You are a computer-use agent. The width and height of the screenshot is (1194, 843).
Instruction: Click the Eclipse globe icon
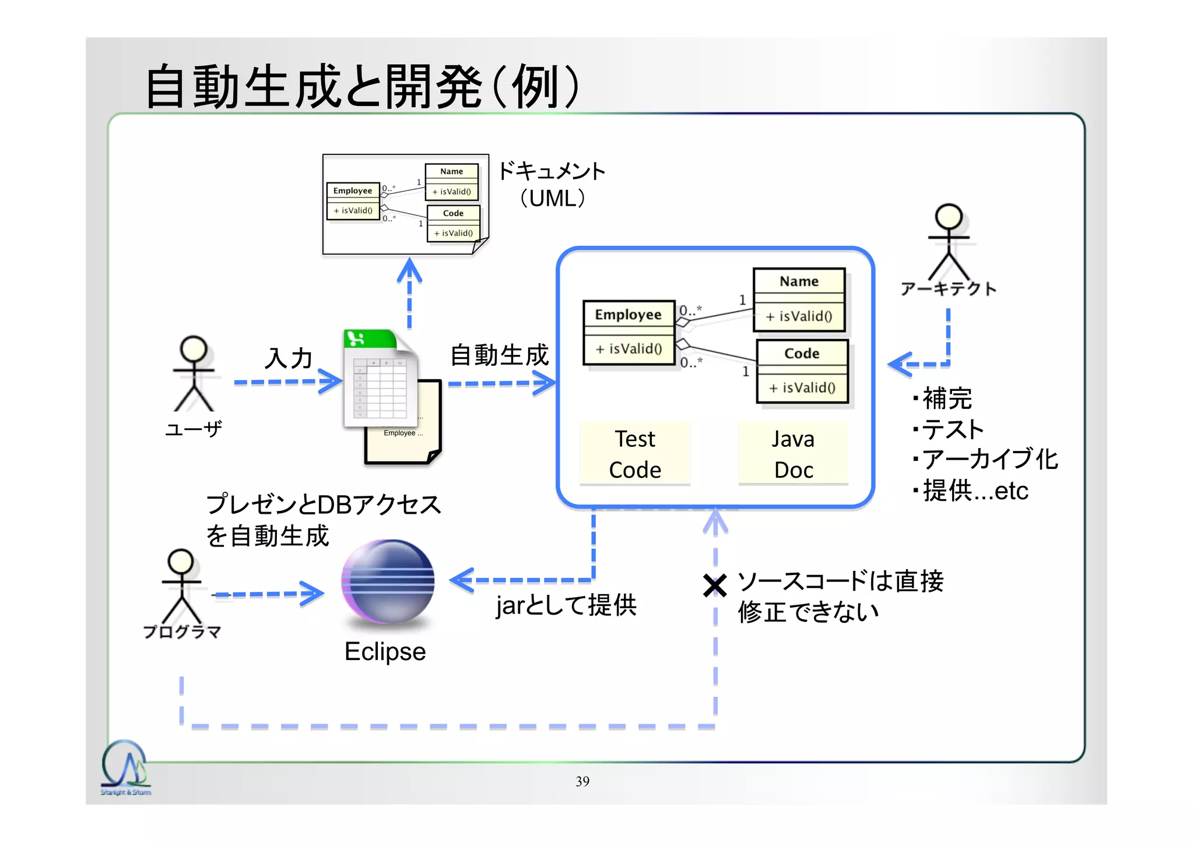pos(388,582)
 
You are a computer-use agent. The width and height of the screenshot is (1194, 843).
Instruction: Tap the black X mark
pos(714,585)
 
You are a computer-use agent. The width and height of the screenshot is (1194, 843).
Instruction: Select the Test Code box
pos(635,454)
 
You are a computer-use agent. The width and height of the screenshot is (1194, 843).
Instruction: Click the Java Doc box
pos(793,454)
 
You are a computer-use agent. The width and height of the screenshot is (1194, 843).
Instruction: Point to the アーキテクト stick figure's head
pos(949,216)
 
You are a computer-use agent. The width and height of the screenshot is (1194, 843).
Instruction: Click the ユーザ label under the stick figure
pos(194,429)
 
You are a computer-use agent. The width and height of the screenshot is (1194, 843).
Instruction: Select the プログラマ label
pos(182,632)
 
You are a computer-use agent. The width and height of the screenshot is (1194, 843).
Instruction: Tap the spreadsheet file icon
pos(380,379)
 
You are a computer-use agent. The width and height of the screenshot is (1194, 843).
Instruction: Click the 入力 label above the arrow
pos(289,358)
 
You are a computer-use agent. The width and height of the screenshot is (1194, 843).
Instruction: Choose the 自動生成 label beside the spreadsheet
pos(500,355)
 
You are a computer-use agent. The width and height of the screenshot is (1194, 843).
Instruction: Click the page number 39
pos(582,781)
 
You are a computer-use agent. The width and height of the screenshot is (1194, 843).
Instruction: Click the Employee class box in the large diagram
pos(628,332)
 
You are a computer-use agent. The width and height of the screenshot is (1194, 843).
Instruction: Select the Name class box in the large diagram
pos(799,299)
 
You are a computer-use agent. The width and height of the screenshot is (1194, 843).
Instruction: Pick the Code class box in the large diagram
pos(802,371)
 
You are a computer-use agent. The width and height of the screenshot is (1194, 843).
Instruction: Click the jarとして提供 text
pos(566,605)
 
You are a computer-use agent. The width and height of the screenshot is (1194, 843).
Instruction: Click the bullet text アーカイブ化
pos(990,459)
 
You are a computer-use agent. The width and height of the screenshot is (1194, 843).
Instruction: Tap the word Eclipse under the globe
pos(385,651)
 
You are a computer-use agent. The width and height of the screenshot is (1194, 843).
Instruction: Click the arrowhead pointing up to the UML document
pos(409,269)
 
